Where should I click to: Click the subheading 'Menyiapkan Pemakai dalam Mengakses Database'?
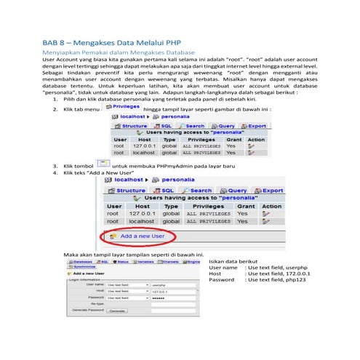coord(119,53)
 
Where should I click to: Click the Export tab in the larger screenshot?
coord(269,191)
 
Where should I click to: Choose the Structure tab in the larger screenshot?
coord(127,191)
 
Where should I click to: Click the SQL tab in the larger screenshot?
coord(164,191)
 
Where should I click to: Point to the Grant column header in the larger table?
coord(243,207)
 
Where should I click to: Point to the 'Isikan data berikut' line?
coord(233,260)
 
